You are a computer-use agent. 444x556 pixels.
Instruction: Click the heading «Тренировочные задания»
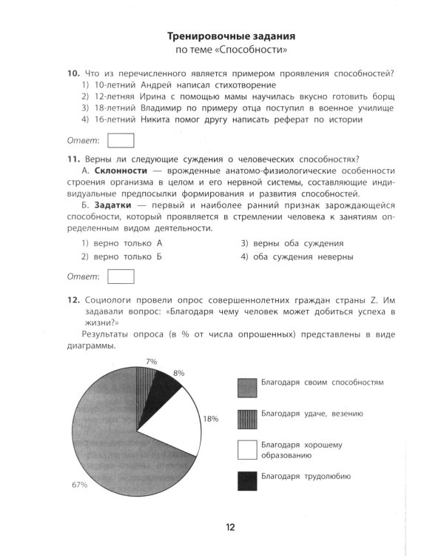[x=231, y=36]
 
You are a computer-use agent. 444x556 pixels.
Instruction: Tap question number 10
[x=73, y=73]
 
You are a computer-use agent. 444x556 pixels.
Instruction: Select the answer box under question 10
[x=121, y=140]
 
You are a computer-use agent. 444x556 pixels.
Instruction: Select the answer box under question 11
[x=121, y=277]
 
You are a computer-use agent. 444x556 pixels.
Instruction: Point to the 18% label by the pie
[x=211, y=419]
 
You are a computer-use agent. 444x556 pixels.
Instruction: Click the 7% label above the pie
[x=151, y=361]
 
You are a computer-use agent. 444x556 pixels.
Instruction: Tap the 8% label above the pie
[x=178, y=373]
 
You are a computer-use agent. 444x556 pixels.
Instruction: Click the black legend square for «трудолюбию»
[x=246, y=481]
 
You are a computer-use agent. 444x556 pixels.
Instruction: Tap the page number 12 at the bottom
[x=230, y=527]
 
